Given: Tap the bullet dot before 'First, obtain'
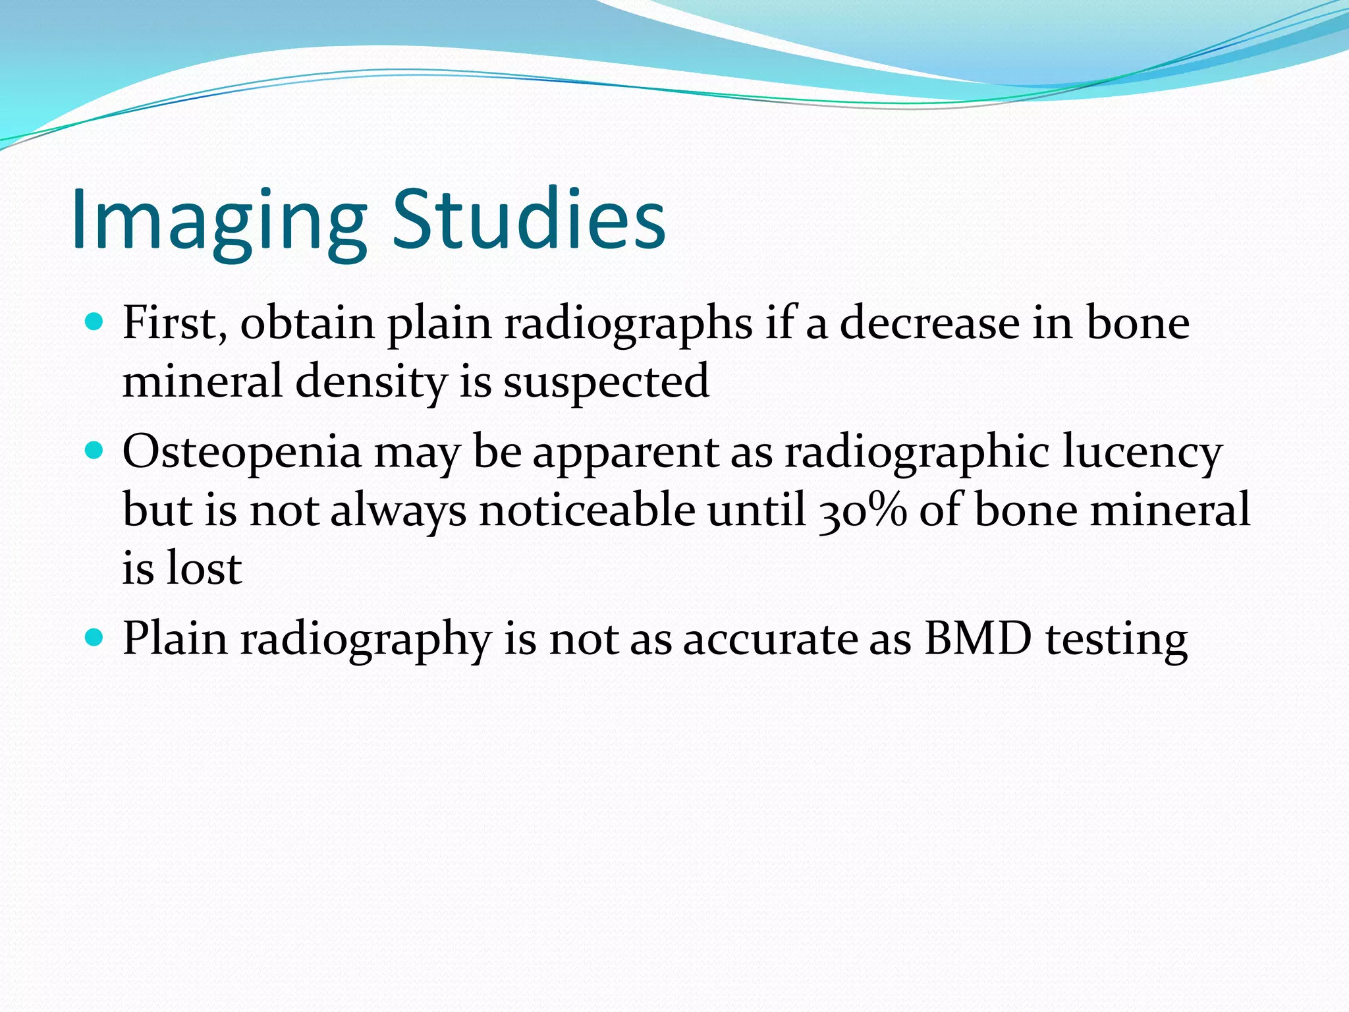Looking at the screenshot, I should [x=95, y=322].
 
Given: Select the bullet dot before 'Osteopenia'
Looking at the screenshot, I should [x=95, y=451].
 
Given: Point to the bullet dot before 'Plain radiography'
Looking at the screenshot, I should [x=95, y=638].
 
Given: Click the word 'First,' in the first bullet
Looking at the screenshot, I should [x=175, y=323].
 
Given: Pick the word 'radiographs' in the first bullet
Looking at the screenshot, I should [x=628, y=325].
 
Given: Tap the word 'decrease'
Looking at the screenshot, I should [x=929, y=323].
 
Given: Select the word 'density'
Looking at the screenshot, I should [x=370, y=382].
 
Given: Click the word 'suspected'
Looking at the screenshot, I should [x=606, y=382].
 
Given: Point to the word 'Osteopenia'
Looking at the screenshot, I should [x=242, y=453].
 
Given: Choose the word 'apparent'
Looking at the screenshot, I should [x=625, y=453].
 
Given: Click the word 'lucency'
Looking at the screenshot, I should [x=1142, y=453].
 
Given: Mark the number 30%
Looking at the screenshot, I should [x=862, y=511].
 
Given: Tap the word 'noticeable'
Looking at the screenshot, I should [x=587, y=511].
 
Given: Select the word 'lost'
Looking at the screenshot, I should [x=204, y=568].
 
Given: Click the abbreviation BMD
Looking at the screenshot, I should [x=977, y=638].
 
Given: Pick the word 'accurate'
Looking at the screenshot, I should [x=770, y=640].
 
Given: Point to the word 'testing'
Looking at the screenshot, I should [x=1116, y=640].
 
